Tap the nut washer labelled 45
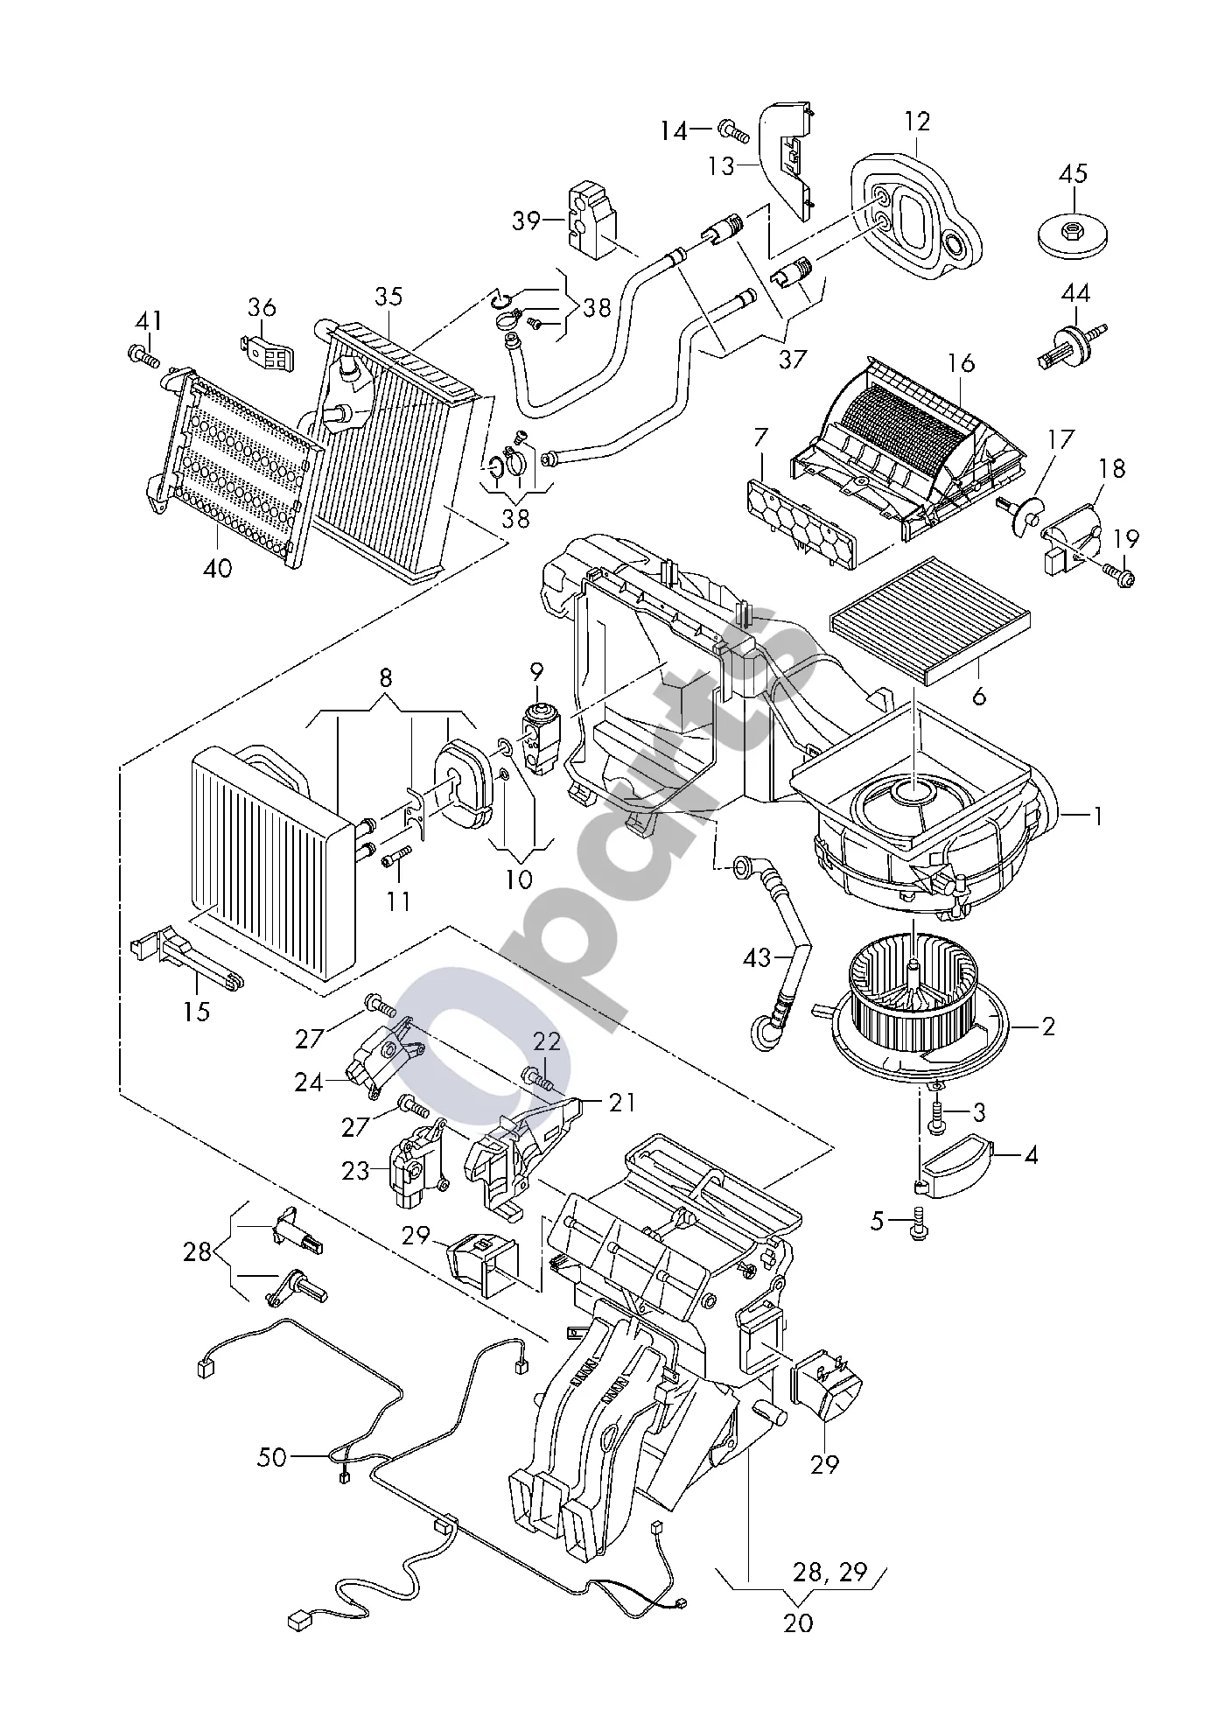click(1073, 234)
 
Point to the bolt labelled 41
click(145, 356)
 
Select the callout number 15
click(197, 1012)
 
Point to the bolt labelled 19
click(1117, 573)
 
